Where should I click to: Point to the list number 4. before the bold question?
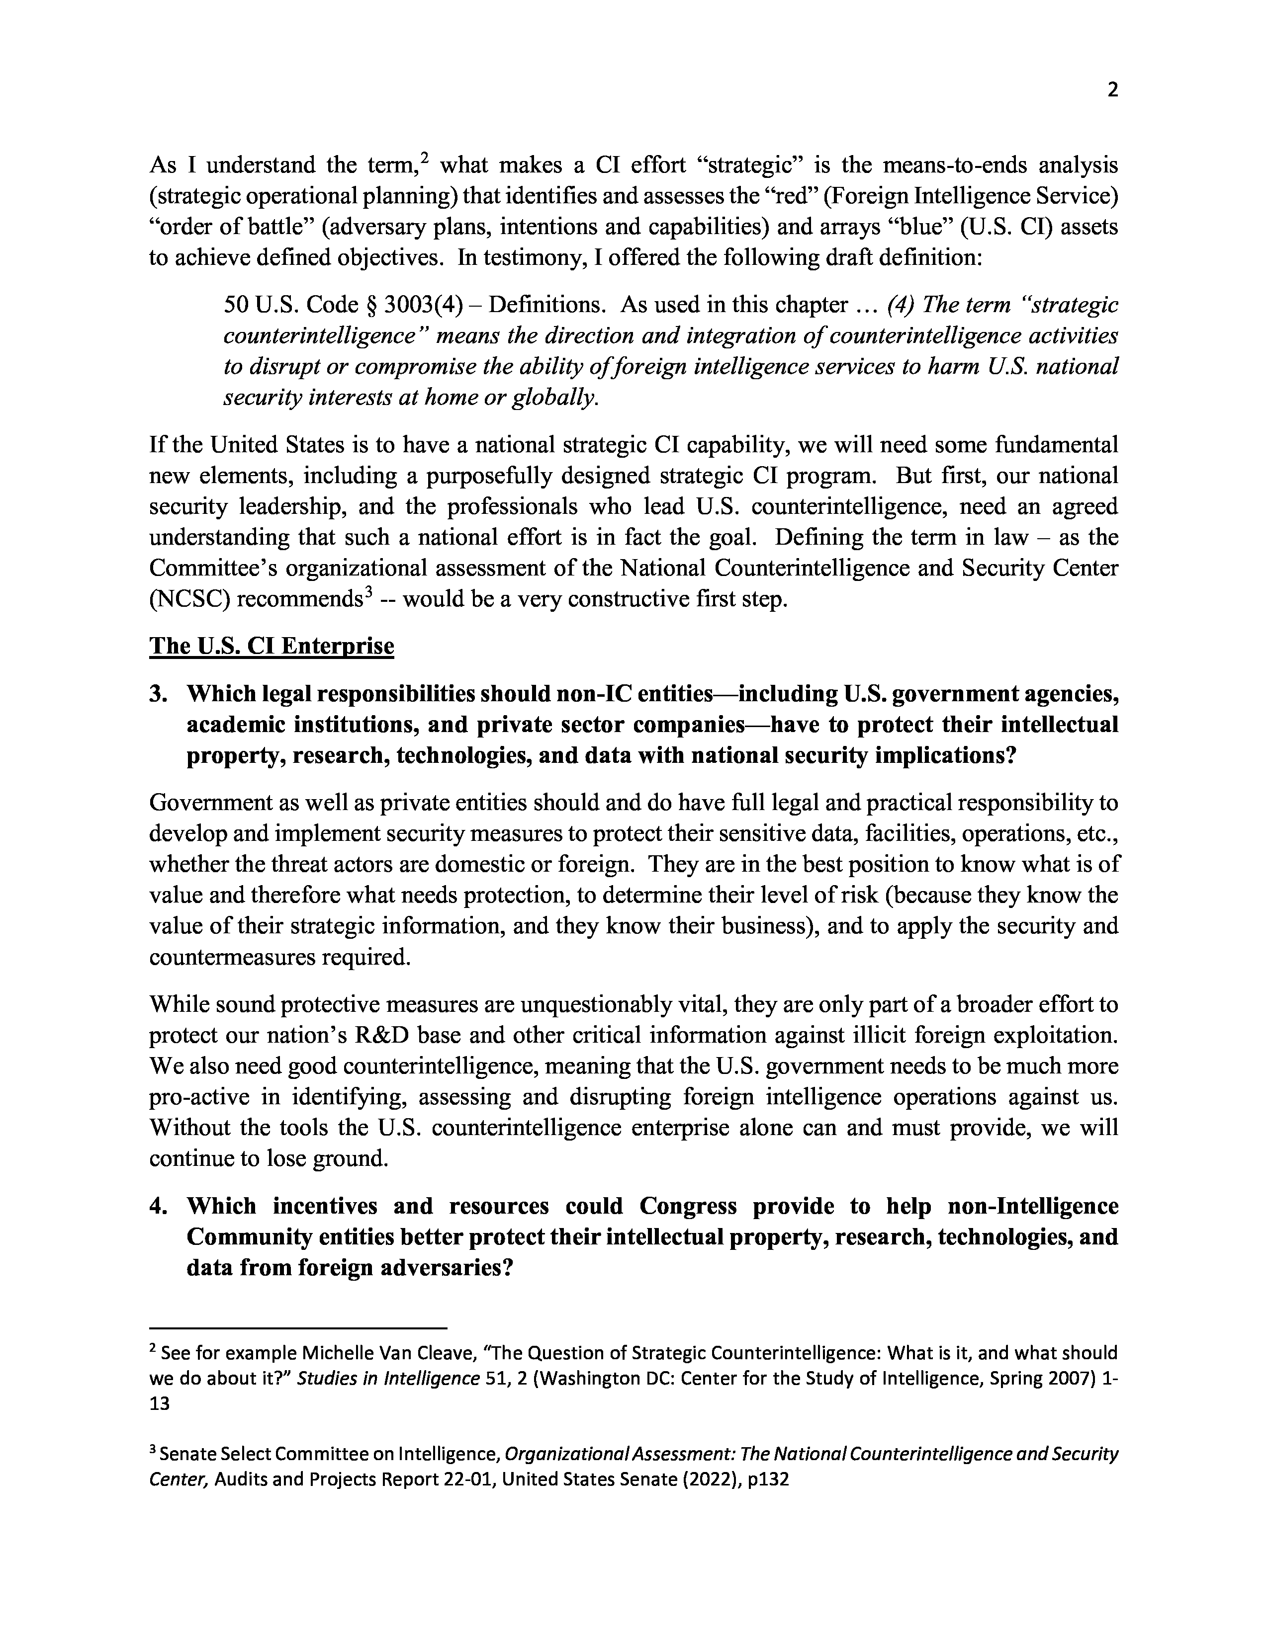(x=159, y=1206)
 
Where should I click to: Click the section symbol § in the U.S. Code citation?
(x=369, y=305)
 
